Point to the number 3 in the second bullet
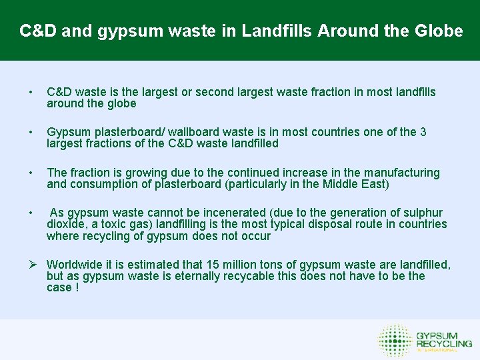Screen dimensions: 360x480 click(423, 132)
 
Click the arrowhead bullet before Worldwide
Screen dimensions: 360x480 click(31, 265)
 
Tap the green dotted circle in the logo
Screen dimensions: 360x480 click(394, 340)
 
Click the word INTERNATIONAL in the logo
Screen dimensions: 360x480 click(437, 350)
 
